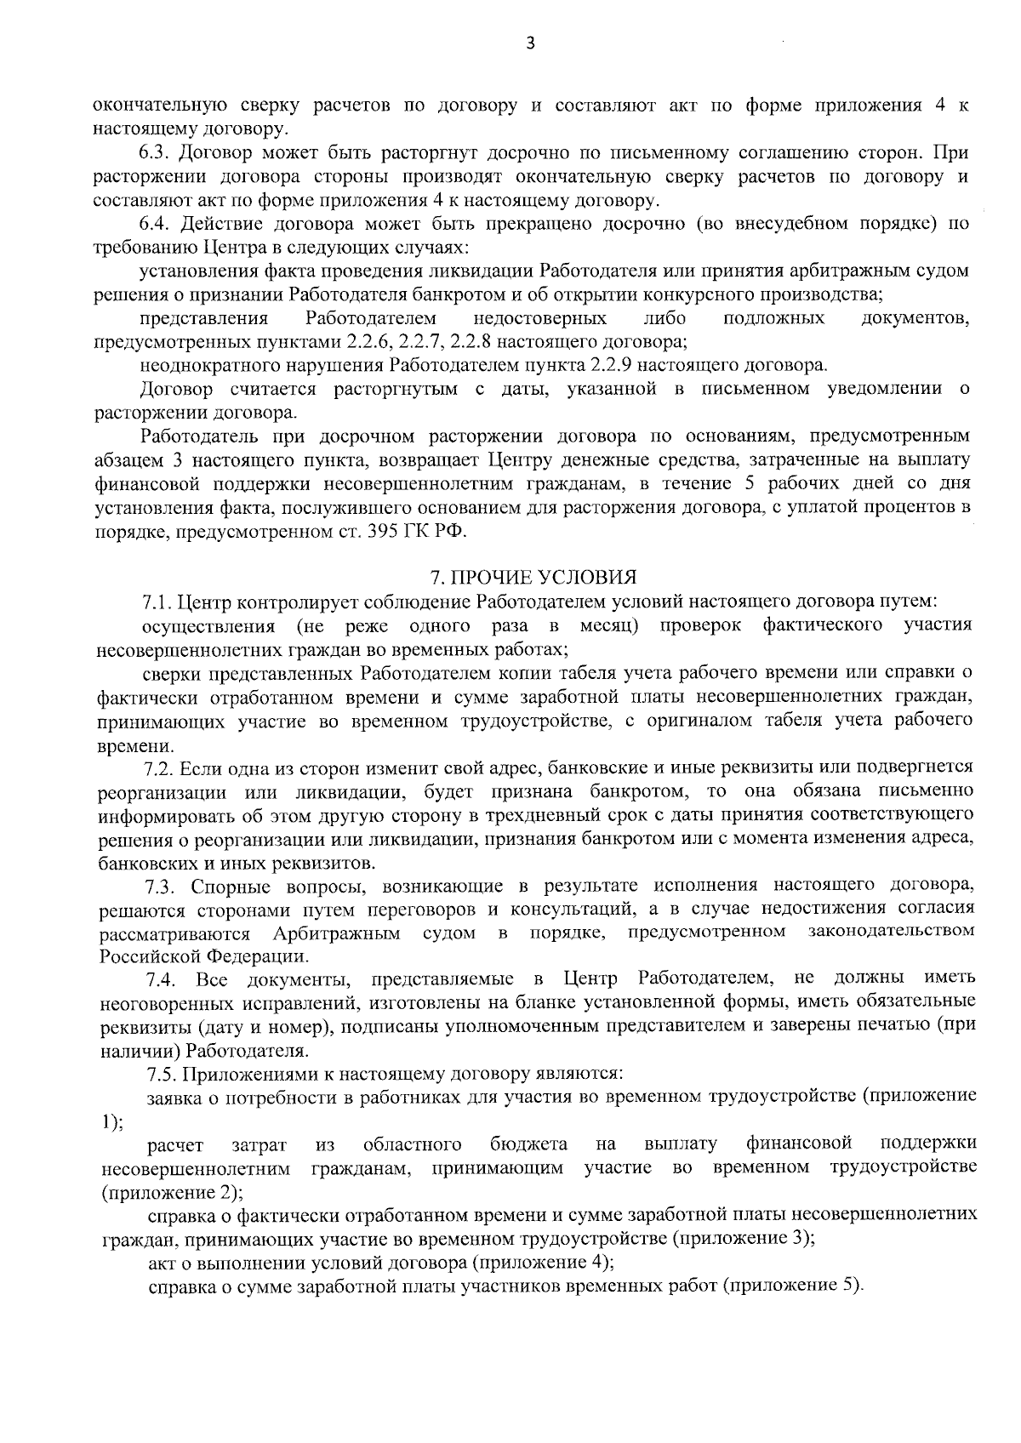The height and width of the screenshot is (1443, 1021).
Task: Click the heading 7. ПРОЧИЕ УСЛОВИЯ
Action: point(533,578)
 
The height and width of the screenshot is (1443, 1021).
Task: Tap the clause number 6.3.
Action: point(156,154)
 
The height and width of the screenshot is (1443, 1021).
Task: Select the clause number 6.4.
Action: point(156,225)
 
